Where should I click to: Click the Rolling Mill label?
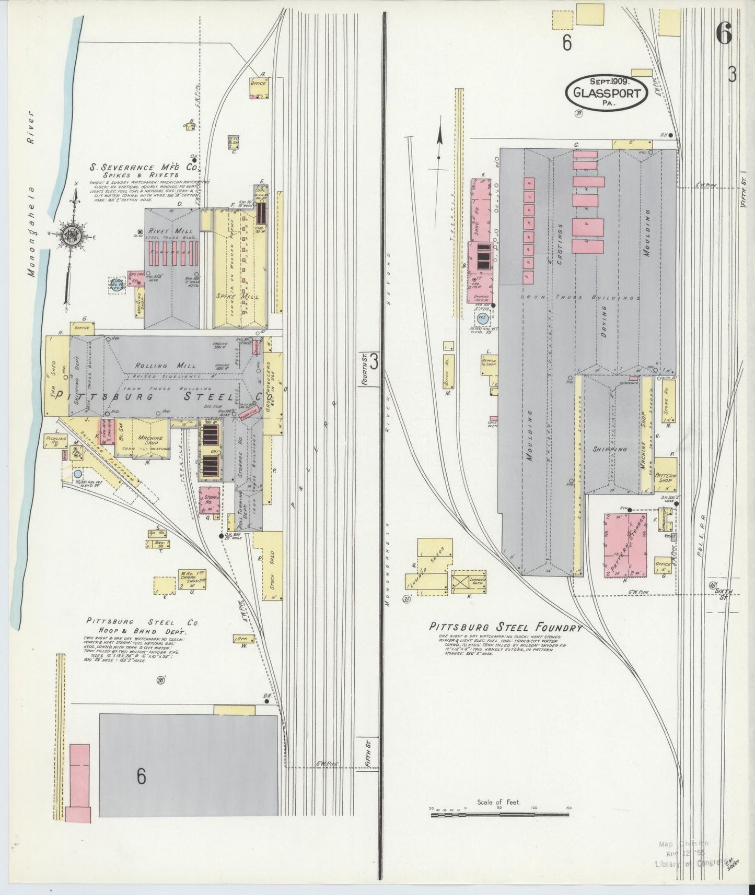pos(155,366)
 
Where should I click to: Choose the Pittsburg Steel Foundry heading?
pos(505,628)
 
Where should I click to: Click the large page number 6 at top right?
pos(724,36)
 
